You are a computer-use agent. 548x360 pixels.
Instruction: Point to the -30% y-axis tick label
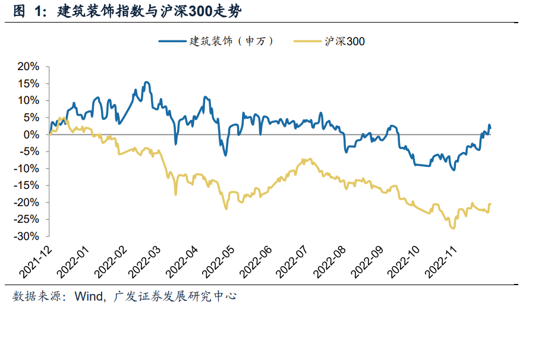26,236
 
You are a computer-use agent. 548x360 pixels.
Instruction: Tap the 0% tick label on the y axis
31,135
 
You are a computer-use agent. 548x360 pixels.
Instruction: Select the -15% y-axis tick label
26,186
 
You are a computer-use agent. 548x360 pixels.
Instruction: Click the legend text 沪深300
345,41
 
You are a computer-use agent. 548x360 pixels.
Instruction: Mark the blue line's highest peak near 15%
146,83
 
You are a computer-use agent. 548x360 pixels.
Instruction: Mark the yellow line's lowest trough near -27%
453,228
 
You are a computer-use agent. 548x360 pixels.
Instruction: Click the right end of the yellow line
490,204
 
